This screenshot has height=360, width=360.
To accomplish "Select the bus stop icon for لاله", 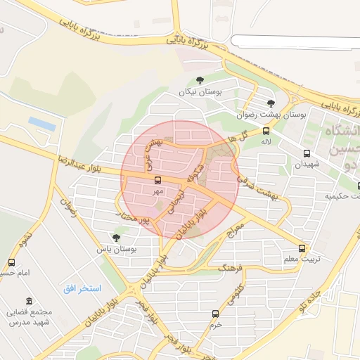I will [x=266, y=131].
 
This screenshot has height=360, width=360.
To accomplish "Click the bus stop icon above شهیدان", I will [x=307, y=153].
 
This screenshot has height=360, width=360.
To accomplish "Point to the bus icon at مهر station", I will [x=157, y=180].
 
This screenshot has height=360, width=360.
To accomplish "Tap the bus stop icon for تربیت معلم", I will [x=302, y=248].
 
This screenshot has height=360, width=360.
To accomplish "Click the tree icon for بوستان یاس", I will [x=116, y=238].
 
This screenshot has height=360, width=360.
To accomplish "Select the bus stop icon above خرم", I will [x=215, y=314].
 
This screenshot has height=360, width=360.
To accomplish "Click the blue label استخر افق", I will [x=82, y=289].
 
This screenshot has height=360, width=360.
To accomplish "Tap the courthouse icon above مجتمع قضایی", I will [x=28, y=301].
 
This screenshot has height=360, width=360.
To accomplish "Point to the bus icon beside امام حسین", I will [x=10, y=261].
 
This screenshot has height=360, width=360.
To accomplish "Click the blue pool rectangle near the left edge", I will [x=41, y=124].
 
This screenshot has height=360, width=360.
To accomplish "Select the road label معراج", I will [x=235, y=229].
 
